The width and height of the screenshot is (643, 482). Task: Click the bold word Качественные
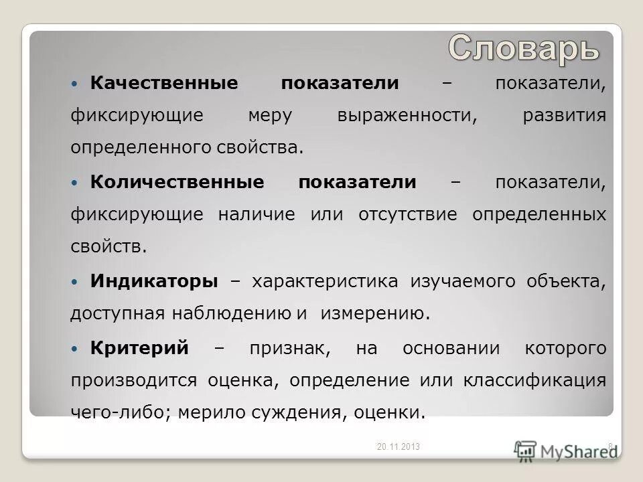(x=163, y=83)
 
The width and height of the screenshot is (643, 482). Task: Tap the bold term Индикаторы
(x=153, y=281)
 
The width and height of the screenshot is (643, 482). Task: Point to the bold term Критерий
(x=139, y=348)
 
